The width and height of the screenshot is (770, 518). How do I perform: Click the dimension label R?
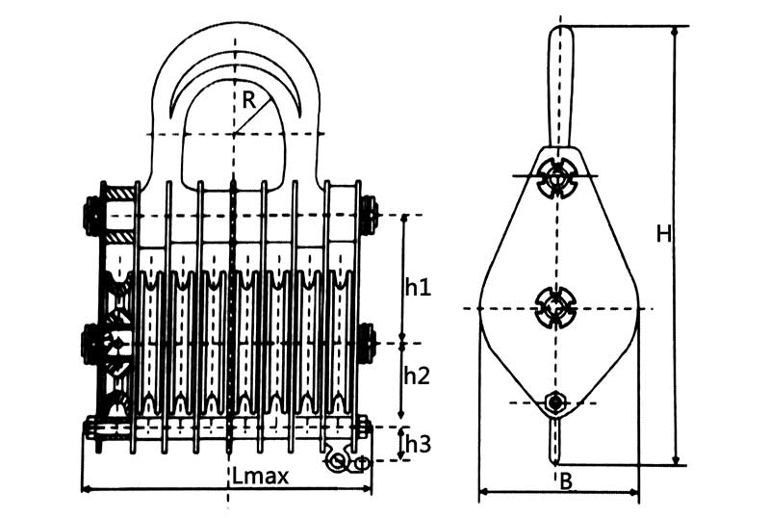[248, 98]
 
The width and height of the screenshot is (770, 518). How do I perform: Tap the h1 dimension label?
[417, 286]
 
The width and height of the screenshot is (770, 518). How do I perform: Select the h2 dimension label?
[417, 376]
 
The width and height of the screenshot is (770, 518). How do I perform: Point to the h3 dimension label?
[417, 444]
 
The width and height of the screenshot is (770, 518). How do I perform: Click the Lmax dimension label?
[260, 476]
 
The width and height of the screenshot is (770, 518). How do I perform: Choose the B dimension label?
[566, 481]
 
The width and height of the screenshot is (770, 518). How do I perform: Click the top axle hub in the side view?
[556, 176]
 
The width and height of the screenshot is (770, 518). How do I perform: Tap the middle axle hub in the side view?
[555, 308]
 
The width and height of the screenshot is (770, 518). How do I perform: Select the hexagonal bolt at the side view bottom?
[555, 402]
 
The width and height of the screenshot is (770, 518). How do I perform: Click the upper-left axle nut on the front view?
[93, 215]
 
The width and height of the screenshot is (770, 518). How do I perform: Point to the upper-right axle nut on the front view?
[369, 215]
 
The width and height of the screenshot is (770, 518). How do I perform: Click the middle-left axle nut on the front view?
[93, 343]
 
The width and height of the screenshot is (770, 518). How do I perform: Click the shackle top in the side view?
[560, 39]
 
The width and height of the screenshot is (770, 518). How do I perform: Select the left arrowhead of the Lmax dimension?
[87, 489]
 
